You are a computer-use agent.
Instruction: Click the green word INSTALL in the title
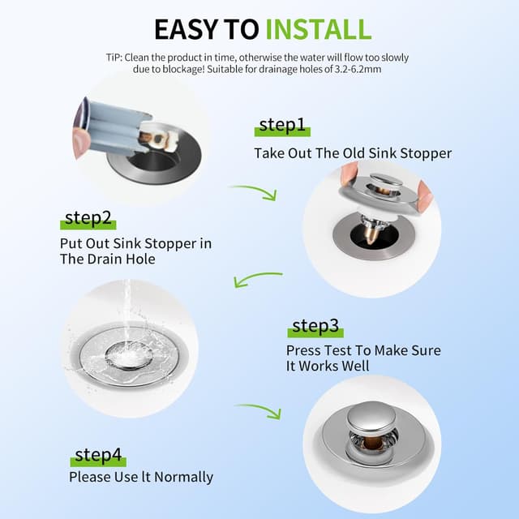coord(319,29)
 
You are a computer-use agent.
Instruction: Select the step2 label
coord(88,218)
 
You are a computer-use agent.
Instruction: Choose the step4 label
coord(98,455)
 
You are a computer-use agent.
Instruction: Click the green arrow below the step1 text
coord(254,193)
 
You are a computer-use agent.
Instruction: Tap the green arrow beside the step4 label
coord(259,410)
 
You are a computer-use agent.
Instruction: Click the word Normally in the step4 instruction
coord(184,478)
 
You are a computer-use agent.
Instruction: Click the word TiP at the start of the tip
coord(114,58)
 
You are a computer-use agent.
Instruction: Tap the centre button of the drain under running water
coord(129,355)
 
